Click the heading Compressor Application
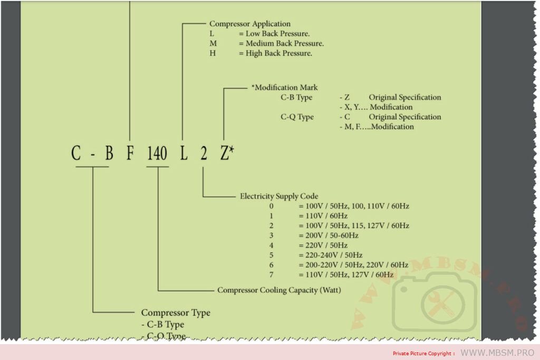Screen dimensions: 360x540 [x=250, y=24]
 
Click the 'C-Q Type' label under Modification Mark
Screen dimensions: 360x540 [x=297, y=117]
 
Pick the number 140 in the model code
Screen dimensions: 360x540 [x=157, y=154]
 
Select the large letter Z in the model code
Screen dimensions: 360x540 [x=225, y=154]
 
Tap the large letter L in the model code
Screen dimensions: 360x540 [x=184, y=154]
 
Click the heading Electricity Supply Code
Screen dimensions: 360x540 [x=279, y=196]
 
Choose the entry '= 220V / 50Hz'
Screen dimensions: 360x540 [x=323, y=245]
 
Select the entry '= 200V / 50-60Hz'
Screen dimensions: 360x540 [x=328, y=235]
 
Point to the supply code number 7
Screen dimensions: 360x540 [x=272, y=275]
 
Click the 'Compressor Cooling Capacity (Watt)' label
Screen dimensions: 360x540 [x=279, y=290]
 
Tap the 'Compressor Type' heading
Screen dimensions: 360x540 [x=176, y=313]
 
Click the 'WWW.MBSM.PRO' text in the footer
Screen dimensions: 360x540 [x=497, y=352]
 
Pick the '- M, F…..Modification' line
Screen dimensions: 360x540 [x=376, y=127]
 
